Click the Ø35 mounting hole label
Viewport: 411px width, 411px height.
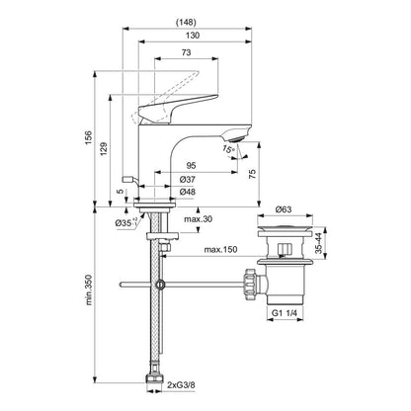tap(124, 223)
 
